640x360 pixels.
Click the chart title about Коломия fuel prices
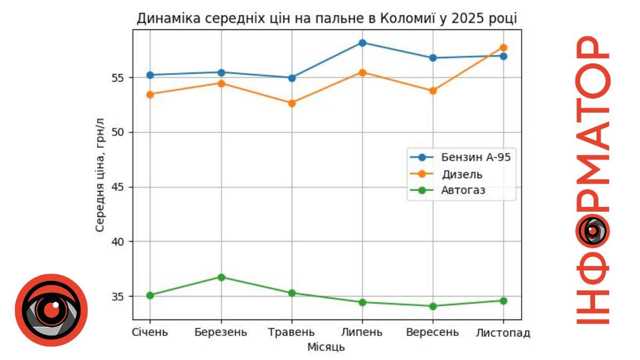pos(327,19)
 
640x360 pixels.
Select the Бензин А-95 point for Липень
pos(362,43)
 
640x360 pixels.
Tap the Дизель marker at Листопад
pos(503,47)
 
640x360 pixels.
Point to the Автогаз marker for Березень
pos(221,277)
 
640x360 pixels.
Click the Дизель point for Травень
pos(292,103)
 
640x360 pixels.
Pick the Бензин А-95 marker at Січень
pos(150,75)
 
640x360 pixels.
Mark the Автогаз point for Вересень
pos(433,306)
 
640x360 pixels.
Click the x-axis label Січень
pos(150,333)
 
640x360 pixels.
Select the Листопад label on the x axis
pos(503,333)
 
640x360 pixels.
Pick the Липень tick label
pos(362,333)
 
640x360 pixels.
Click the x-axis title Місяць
pos(326,347)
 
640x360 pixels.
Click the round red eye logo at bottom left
pos(51,310)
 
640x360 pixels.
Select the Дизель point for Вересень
pos(433,91)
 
